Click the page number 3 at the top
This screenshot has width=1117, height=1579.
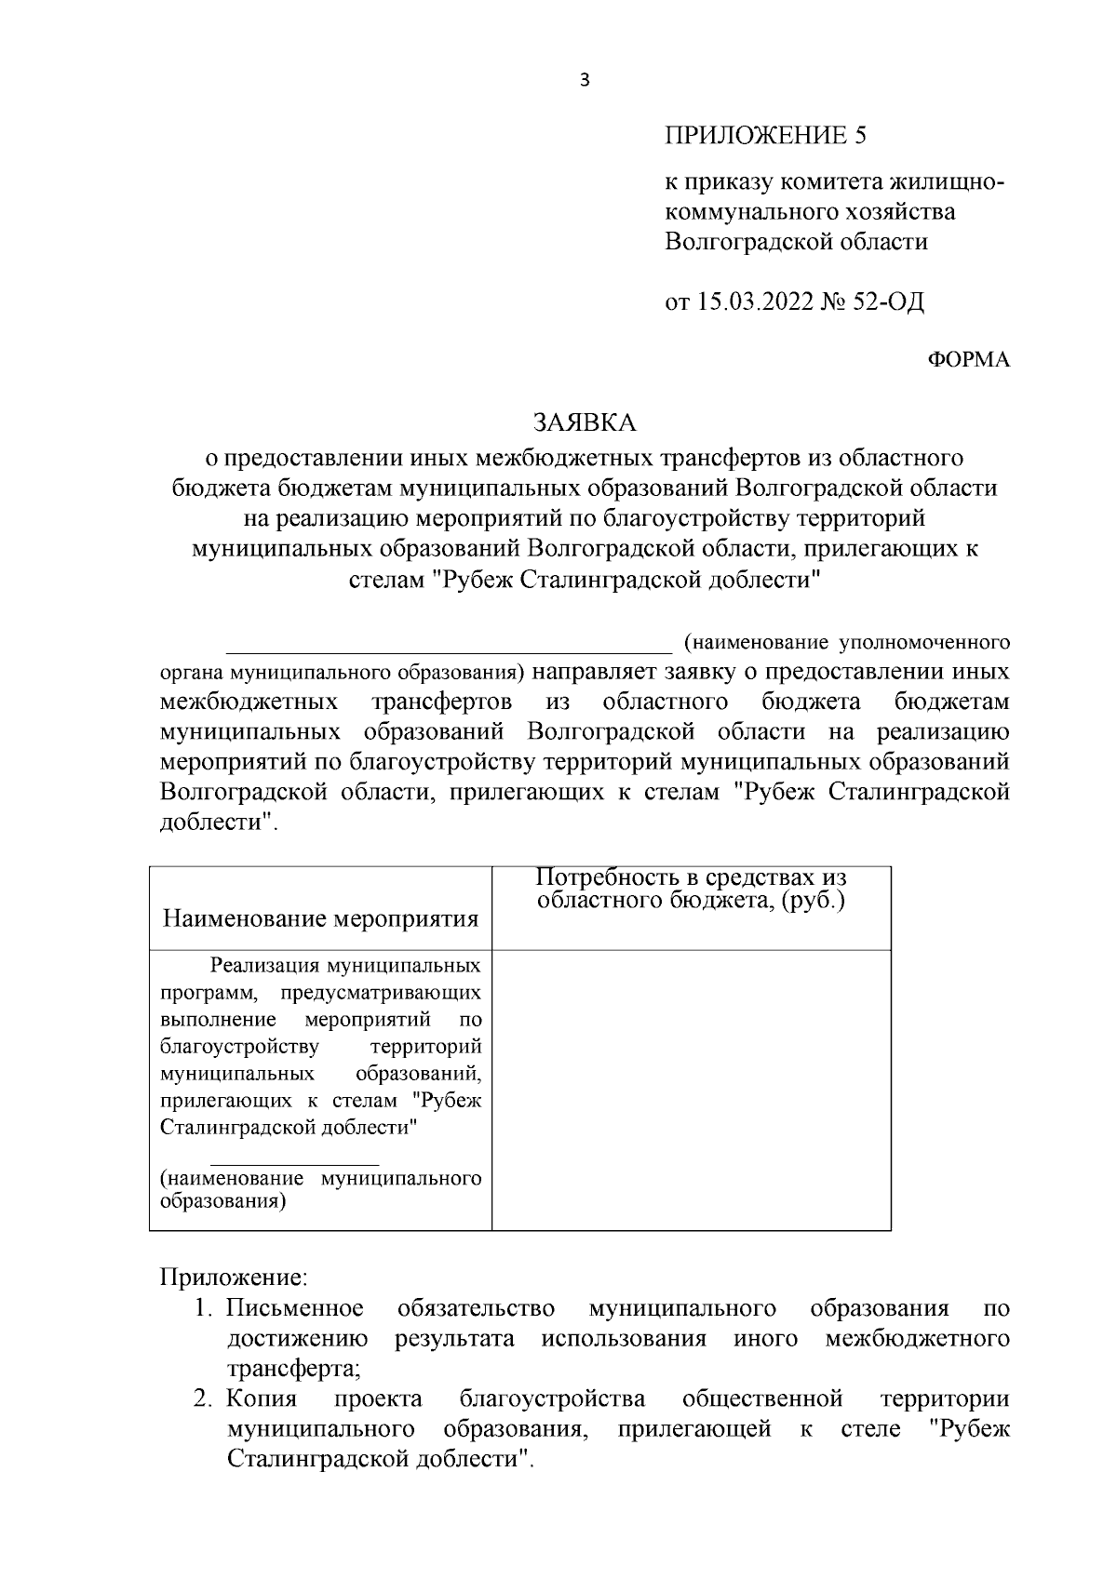[585, 81]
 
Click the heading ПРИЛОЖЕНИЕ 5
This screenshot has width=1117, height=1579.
[765, 136]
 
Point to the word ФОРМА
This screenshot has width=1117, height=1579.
[969, 360]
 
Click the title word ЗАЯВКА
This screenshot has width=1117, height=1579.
[585, 422]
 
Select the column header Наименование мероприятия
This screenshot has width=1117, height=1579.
[320, 919]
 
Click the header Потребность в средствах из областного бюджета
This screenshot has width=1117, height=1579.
[692, 890]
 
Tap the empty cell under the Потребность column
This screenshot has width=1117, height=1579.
[692, 1089]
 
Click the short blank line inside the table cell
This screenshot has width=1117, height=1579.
[294, 1163]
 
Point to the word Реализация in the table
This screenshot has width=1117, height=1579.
[260, 966]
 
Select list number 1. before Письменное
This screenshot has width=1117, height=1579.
[206, 1309]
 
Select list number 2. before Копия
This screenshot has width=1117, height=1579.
[206, 1399]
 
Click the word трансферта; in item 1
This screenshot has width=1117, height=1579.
[293, 1369]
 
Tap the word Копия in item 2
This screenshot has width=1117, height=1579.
[262, 1399]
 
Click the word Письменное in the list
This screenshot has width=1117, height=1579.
[295, 1309]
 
